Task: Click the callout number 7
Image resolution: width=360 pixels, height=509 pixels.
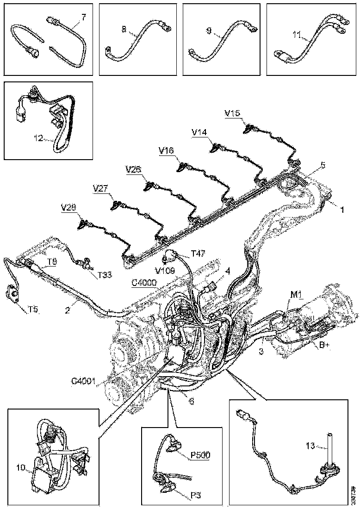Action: click(84, 17)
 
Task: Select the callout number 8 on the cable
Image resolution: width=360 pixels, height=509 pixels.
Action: click(124, 29)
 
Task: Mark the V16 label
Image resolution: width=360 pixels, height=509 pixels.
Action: click(166, 150)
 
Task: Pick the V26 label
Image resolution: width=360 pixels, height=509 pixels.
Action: click(133, 170)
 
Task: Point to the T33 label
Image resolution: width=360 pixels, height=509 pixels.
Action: click(105, 274)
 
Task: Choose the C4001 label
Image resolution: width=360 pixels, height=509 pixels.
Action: click(83, 381)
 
